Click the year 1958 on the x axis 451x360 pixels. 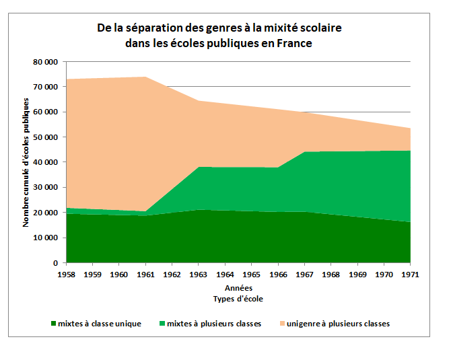click(x=67, y=275)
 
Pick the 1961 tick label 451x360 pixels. click(x=146, y=275)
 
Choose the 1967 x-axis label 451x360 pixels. click(x=305, y=275)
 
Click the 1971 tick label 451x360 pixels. click(x=411, y=275)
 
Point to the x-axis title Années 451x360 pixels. click(x=238, y=287)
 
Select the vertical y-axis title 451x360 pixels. click(x=27, y=162)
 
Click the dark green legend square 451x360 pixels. click(x=54, y=324)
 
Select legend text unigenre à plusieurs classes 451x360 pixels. click(x=339, y=324)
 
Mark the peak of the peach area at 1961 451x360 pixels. click(x=146, y=77)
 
